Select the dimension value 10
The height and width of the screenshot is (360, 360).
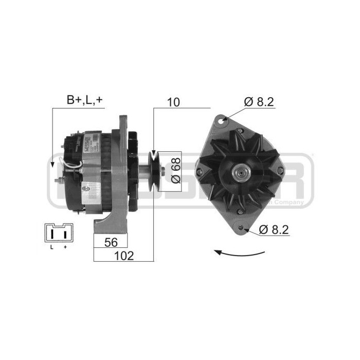coord(173,102)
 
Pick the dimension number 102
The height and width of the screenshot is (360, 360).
coord(123,256)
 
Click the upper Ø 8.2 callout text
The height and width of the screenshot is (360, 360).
coord(259,102)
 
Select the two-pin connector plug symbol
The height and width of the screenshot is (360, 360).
coord(59,232)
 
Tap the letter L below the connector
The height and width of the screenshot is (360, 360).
coord(51,247)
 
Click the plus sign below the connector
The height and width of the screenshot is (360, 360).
coord(65,247)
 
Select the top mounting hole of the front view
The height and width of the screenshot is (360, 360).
coord(222,120)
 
